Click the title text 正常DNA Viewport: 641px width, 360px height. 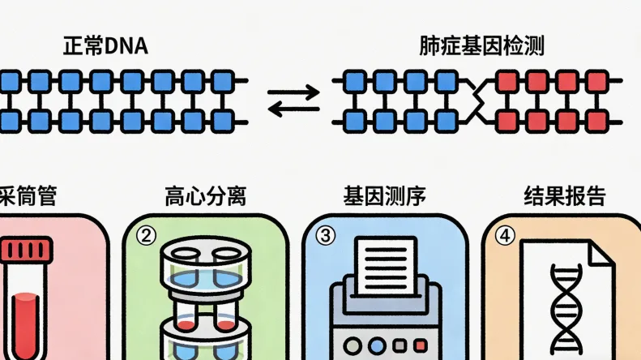pos(105,45)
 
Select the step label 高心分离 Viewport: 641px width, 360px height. pos(205,196)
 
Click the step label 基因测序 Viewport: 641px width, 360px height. pos(384,196)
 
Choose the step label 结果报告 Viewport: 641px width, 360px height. pos(564,196)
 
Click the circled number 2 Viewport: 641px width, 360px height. pos(147,236)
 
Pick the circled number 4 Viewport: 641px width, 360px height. pos(505,236)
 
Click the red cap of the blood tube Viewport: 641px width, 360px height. pos(25,249)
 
